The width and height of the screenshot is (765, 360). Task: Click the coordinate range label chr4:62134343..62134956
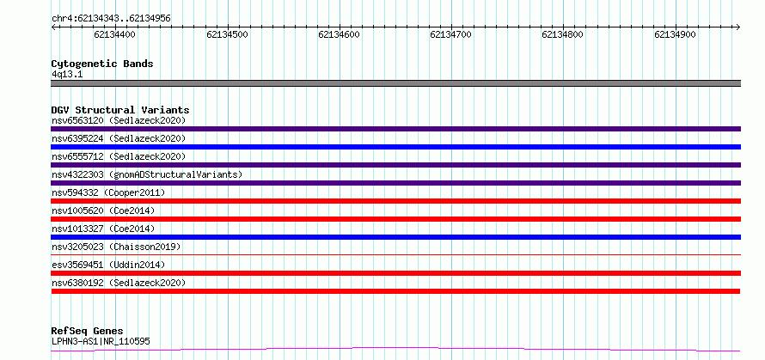[111, 19]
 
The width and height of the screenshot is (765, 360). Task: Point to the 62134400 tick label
[115, 34]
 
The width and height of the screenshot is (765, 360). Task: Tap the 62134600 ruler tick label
[339, 34]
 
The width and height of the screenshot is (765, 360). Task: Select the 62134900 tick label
[675, 34]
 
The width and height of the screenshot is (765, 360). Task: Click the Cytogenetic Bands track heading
[102, 64]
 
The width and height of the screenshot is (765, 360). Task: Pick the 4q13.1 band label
[67, 75]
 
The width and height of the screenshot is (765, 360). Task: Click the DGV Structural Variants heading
[120, 110]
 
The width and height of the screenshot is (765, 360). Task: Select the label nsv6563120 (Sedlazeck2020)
[119, 120]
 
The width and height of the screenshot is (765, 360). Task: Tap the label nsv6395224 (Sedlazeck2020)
[119, 138]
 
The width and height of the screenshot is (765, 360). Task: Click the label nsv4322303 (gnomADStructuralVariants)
[147, 174]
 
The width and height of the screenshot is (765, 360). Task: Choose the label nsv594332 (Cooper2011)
[108, 192]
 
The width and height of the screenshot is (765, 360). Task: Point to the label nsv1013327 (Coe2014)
[103, 229]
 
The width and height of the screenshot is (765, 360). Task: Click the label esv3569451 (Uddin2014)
[108, 265]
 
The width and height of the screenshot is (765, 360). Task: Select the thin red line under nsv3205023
[395, 254]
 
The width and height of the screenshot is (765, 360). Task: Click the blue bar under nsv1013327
[395, 237]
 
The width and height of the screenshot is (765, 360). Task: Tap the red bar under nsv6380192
[395, 291]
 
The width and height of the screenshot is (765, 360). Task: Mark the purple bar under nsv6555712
[395, 165]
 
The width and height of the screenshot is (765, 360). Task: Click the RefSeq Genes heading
[87, 332]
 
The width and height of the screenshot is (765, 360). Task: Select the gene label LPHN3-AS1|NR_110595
[101, 341]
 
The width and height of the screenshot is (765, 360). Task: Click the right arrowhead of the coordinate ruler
[738, 27]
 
